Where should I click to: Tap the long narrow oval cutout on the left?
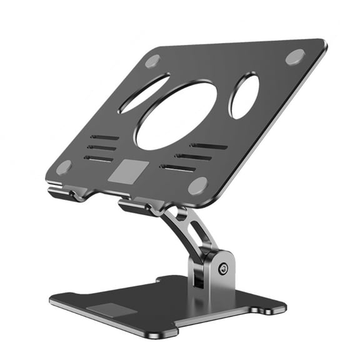click(x=144, y=94)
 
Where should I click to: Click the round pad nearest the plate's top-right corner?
click(x=295, y=56)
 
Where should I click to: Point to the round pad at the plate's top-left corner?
click(x=153, y=61)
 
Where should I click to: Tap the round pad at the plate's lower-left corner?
click(x=64, y=167)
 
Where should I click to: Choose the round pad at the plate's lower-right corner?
click(x=197, y=185)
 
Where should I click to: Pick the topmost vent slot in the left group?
click(x=104, y=137)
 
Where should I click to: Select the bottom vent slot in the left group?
click(x=98, y=159)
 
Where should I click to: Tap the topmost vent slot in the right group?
click(x=209, y=146)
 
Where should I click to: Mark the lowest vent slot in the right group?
click(x=177, y=167)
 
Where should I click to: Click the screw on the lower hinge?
click(x=222, y=269)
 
